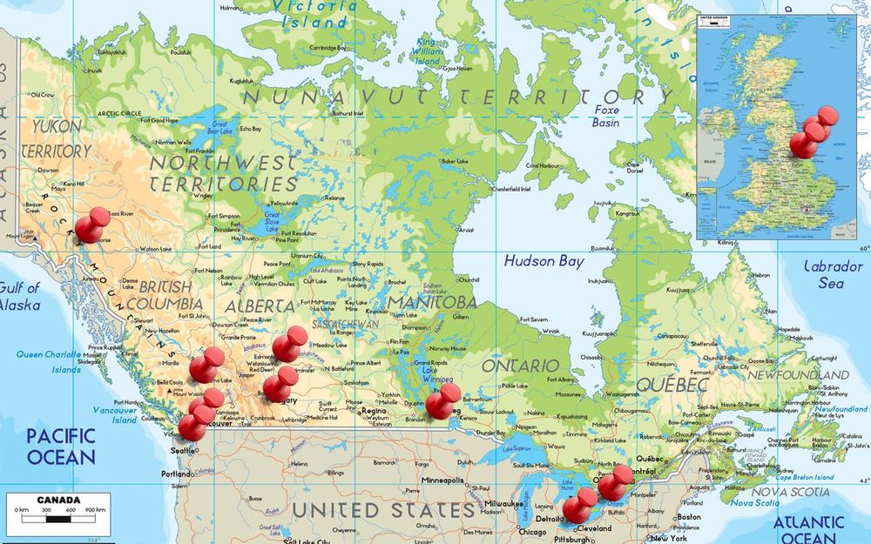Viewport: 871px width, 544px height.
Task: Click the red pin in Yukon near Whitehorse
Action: click(91, 224)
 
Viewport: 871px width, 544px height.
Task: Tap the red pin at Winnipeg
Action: click(444, 401)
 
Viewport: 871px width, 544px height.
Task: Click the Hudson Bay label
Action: click(544, 260)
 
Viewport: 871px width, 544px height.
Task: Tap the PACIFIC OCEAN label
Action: click(60, 446)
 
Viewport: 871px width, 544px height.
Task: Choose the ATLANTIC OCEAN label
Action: click(808, 530)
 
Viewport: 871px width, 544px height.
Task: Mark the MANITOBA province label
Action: click(432, 302)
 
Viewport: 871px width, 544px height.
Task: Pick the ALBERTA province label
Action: click(260, 306)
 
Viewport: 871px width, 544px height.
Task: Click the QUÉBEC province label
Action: click(672, 384)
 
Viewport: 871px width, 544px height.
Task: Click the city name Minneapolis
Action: click(443, 480)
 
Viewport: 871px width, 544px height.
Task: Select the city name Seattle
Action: click(183, 450)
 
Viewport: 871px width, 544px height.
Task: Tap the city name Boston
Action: click(687, 517)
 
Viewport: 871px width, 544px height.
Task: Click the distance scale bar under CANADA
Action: click(58, 519)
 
